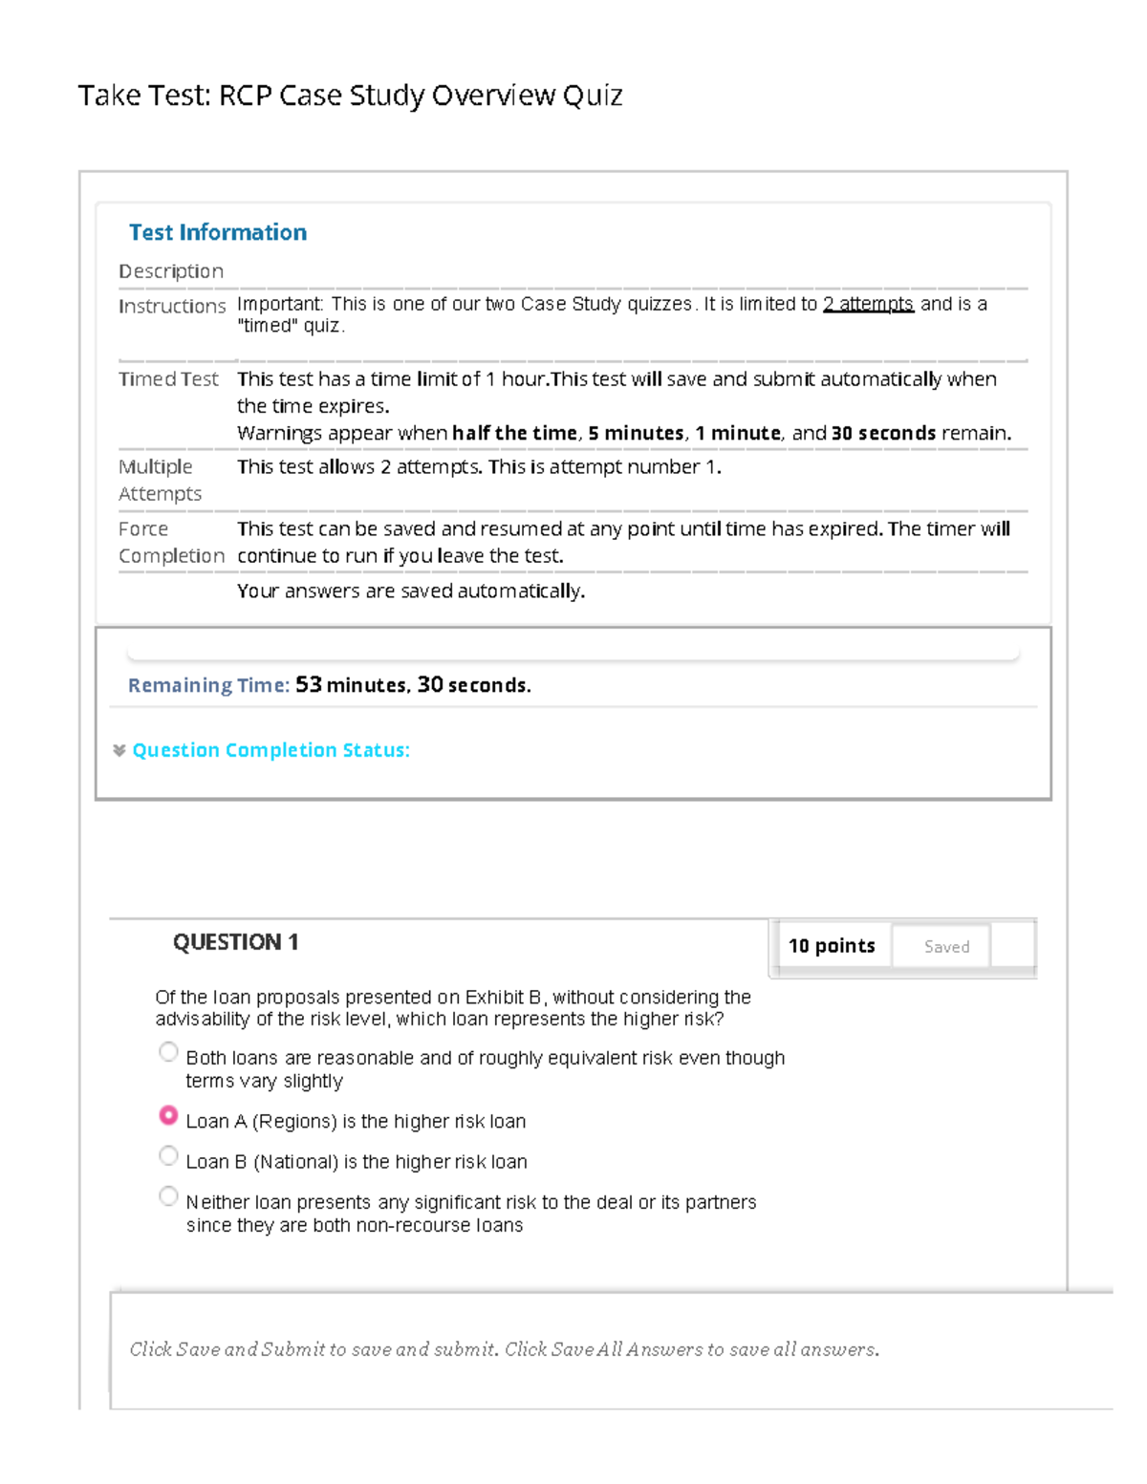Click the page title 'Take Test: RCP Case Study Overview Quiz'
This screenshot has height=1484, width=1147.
tap(350, 96)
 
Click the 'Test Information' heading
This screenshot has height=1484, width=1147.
tap(218, 232)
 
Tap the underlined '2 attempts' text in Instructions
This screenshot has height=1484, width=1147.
tap(868, 304)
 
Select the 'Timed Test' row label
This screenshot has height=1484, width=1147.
tap(168, 379)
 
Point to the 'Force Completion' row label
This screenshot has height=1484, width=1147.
tap(171, 542)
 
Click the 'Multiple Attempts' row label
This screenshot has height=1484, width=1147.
tap(160, 480)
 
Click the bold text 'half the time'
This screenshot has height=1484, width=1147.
tap(514, 433)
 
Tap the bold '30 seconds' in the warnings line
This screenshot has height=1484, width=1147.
tap(883, 433)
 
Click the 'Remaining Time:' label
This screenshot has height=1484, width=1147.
tap(208, 685)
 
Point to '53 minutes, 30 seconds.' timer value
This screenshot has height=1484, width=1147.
tap(413, 685)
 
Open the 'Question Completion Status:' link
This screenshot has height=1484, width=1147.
tap(271, 750)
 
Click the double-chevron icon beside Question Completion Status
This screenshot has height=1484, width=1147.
tap(119, 750)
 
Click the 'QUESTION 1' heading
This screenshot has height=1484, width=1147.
tap(235, 942)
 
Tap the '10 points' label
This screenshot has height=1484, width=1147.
tap(832, 946)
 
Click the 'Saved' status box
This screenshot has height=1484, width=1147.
tap(946, 946)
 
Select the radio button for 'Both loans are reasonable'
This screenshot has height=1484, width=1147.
tap(168, 1052)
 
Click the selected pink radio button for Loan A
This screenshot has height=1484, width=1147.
tap(168, 1115)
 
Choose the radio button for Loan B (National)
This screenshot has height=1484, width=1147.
tap(168, 1156)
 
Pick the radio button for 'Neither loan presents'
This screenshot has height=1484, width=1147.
tap(168, 1196)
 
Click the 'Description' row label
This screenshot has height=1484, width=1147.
tap(171, 271)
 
